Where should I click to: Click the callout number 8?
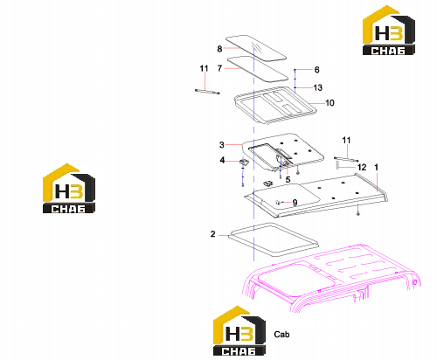pyautogui.click(x=219, y=49)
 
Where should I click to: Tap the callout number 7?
pyautogui.click(x=219, y=68)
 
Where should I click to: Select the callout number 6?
pyautogui.click(x=316, y=70)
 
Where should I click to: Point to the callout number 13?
pyautogui.click(x=318, y=87)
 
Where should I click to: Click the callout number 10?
pyautogui.click(x=329, y=103)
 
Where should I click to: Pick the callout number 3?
pyautogui.click(x=222, y=145)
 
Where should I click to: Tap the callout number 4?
pyautogui.click(x=222, y=160)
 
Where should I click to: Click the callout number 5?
pyautogui.click(x=288, y=179)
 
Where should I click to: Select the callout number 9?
pyautogui.click(x=295, y=203)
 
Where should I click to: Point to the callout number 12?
pyautogui.click(x=362, y=167)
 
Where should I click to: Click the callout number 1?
pyautogui.click(x=376, y=167)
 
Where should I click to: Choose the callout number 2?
pyautogui.click(x=213, y=234)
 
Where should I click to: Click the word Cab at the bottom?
pyautogui.click(x=281, y=334)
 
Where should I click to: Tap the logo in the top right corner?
pyautogui.click(x=389, y=31)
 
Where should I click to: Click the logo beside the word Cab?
pyautogui.click(x=239, y=331)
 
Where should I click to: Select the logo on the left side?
pyautogui.click(x=69, y=189)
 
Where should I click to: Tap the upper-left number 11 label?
pyautogui.click(x=204, y=68)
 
